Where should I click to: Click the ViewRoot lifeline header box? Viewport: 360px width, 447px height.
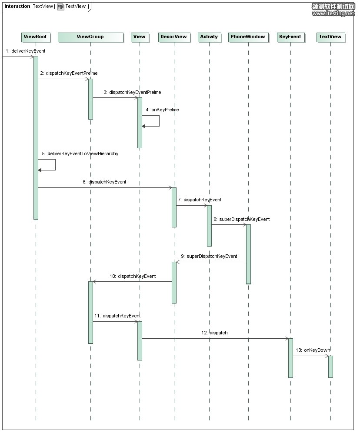[x=36, y=37]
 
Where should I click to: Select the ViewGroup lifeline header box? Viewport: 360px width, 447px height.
[x=90, y=37]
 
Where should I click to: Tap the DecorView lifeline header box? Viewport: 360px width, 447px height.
[x=174, y=37]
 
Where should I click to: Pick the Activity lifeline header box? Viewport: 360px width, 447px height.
[x=209, y=37]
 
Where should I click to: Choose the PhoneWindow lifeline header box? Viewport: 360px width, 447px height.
[x=248, y=37]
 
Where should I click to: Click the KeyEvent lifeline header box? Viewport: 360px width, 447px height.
[x=290, y=37]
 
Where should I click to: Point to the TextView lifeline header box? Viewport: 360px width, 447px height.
[x=330, y=37]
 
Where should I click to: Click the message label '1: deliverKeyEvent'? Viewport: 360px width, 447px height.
[x=25, y=51]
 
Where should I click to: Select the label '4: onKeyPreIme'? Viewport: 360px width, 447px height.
[x=162, y=110]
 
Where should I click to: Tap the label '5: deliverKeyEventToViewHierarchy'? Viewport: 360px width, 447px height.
[x=80, y=153]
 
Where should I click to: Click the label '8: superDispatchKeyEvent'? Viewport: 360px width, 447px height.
[x=241, y=219]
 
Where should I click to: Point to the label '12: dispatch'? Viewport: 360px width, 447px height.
[x=214, y=333]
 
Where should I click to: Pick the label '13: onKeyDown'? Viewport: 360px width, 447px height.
[x=313, y=350]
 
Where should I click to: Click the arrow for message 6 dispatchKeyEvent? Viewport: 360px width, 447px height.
[x=105, y=187]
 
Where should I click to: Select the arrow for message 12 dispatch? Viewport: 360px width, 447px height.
[x=215, y=339]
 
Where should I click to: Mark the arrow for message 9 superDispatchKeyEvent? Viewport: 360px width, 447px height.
[x=211, y=262]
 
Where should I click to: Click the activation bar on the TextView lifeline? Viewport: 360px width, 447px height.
[x=330, y=367]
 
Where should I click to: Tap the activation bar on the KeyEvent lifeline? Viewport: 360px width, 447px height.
[x=291, y=358]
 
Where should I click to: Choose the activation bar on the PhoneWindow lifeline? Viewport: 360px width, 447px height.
[x=249, y=254]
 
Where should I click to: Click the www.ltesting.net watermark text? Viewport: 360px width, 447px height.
[x=333, y=13]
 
